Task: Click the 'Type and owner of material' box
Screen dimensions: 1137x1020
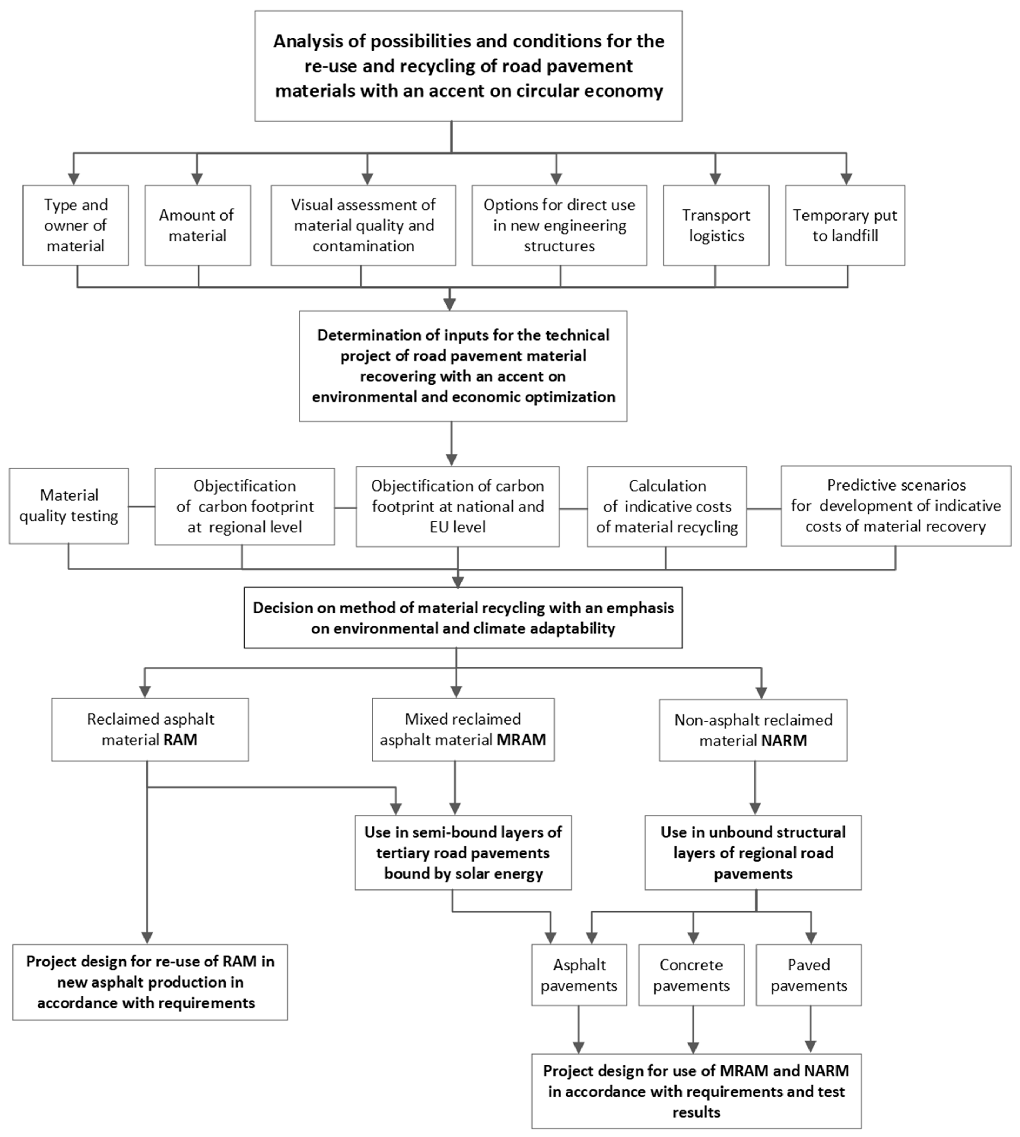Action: coord(76,225)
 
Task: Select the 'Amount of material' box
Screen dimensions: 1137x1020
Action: coord(197,225)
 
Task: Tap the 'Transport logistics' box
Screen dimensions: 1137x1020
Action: coord(716,225)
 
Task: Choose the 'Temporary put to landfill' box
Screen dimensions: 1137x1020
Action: coord(845,225)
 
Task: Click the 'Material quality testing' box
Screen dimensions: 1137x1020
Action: coord(68,506)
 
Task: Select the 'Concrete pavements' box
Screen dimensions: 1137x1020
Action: coord(691,975)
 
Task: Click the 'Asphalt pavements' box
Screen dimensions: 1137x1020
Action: coord(579,975)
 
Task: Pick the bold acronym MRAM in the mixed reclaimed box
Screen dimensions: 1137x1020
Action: coord(521,740)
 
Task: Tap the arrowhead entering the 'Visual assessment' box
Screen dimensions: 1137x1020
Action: coord(367,178)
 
